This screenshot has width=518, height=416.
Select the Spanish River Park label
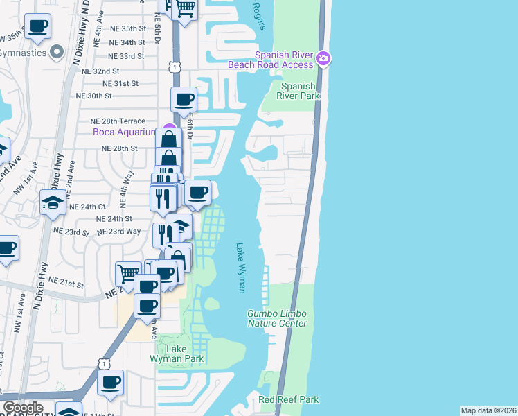298,91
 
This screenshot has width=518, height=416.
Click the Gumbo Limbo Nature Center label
277,319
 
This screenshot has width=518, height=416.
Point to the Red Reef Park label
289,399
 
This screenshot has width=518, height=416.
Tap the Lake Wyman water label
240,268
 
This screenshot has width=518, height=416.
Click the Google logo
23,408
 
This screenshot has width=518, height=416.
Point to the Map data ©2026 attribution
488,410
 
